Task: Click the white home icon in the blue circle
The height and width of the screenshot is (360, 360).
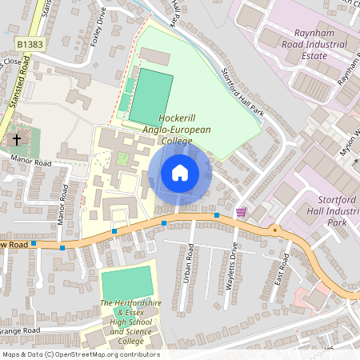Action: pos(180,173)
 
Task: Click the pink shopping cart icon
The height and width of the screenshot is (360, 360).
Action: pos(242,212)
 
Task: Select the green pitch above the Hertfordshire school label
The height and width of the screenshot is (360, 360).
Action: pos(126,281)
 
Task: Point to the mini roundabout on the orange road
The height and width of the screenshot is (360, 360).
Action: pos(275,230)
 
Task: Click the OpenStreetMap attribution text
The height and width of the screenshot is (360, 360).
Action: pos(80,354)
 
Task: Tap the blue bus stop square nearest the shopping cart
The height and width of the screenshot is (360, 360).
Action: pos(216,215)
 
